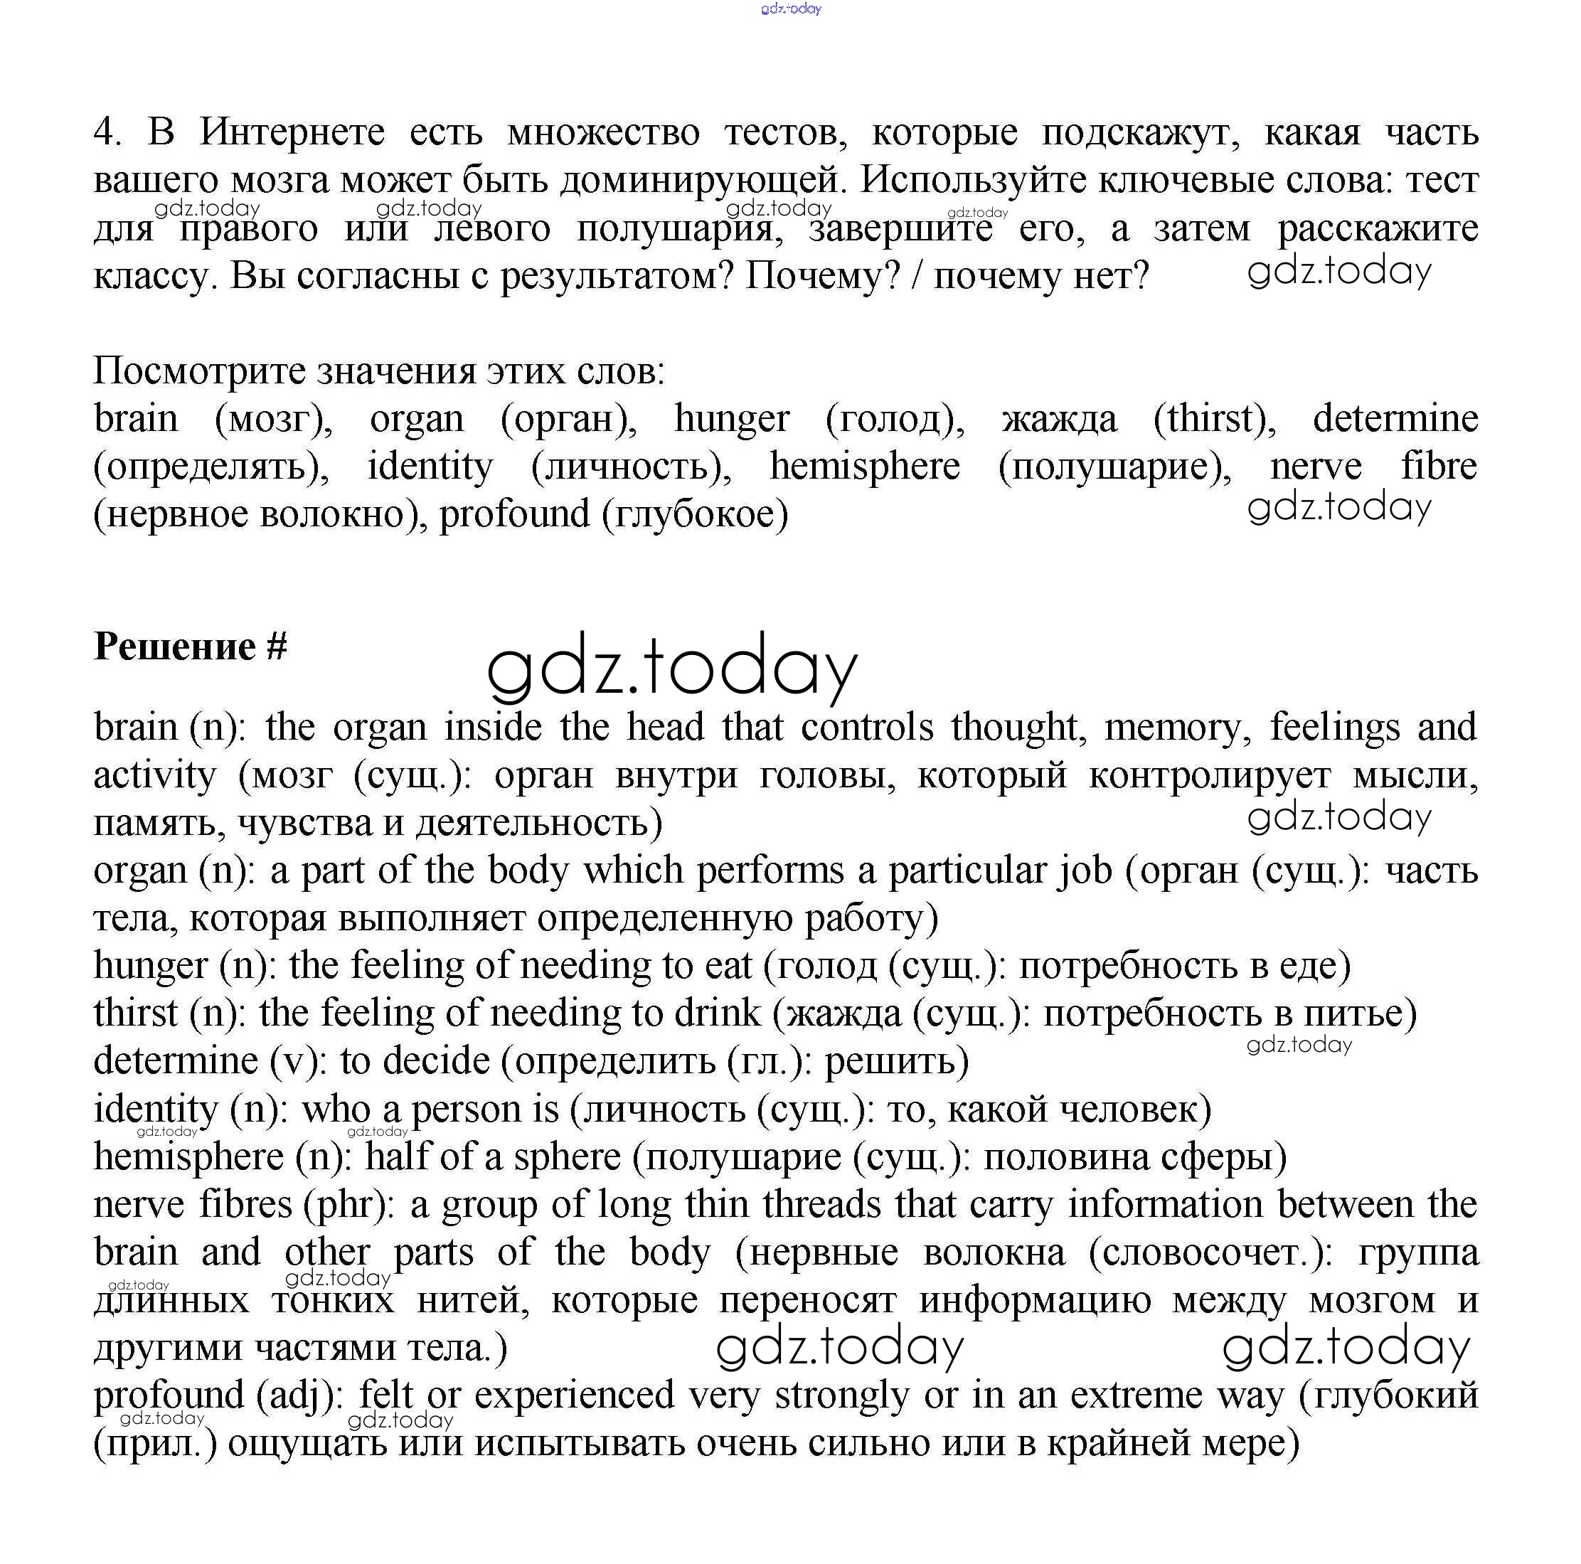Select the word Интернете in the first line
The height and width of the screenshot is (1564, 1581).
click(292, 132)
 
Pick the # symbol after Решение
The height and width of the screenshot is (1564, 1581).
click(277, 647)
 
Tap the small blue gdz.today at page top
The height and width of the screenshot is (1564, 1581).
click(791, 9)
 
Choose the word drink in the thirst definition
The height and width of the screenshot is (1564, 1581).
click(717, 1014)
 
